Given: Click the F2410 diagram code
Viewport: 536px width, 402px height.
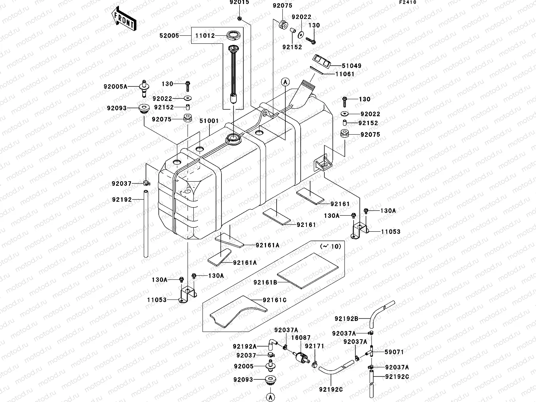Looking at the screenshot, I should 408,3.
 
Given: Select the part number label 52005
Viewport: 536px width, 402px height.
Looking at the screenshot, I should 169,36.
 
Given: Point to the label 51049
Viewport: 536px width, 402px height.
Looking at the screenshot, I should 351,66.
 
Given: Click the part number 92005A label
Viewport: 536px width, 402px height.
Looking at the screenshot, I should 115,87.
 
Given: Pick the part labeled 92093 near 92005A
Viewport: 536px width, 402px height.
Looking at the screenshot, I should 144,108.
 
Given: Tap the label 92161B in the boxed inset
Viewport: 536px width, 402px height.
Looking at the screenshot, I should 265,282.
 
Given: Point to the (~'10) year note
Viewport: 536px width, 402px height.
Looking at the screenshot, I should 330,247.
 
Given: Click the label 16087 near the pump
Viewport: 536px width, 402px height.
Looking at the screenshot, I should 301,338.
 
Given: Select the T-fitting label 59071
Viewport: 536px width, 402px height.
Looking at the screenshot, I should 394,352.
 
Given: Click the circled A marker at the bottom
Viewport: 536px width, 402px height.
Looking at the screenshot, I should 270,396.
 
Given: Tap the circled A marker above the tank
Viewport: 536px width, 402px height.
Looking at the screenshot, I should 285,82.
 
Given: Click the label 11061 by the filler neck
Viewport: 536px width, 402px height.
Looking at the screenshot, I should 345,74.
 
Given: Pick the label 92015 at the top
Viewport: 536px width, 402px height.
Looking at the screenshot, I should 239,3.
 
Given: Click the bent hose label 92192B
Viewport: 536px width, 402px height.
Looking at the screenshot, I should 346,318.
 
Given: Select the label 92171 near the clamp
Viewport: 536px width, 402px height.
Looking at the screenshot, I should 314,346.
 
